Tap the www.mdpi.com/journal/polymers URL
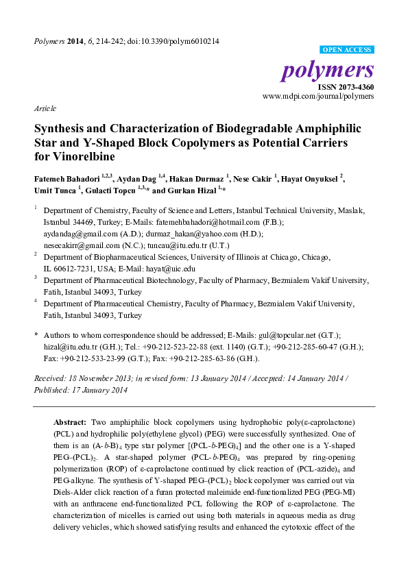[318, 98]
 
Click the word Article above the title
[45, 109]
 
